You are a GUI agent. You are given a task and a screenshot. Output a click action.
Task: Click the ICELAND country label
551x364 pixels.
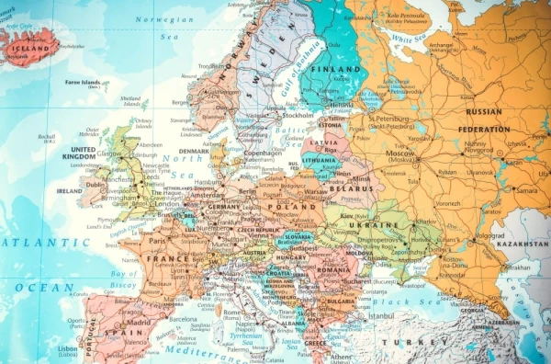(x=29, y=39)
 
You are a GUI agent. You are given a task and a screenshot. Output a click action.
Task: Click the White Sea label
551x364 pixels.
(x=403, y=40)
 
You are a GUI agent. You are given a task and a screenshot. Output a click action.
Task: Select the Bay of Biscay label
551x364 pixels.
(x=124, y=280)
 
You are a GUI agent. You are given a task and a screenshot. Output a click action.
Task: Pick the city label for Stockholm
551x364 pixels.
(x=276, y=116)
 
